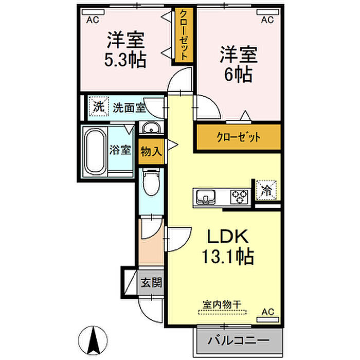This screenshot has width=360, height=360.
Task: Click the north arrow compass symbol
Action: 94,340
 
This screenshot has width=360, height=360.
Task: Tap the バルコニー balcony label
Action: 239,340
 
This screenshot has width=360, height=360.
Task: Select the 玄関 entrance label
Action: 152,282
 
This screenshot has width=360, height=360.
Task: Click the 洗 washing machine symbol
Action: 98,107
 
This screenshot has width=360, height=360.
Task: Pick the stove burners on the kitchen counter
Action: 239,196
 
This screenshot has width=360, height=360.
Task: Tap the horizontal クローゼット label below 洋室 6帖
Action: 238,137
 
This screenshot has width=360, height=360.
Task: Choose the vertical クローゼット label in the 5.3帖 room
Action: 183,35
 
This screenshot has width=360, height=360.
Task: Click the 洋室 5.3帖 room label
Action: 126,49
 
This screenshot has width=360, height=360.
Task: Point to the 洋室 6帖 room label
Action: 239,64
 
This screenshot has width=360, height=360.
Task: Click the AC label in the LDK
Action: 267,312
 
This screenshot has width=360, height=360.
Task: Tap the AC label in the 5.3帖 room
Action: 93,21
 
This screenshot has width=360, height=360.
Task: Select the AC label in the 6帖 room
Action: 267,21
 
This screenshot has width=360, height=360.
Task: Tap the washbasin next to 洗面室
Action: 151,128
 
